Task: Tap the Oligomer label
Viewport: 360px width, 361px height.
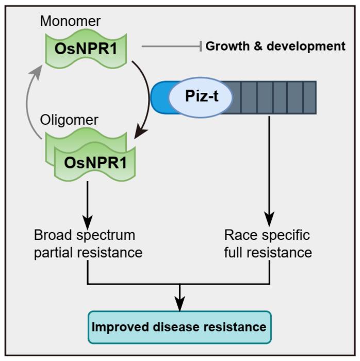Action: click(69, 120)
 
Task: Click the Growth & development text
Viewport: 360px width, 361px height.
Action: click(275, 46)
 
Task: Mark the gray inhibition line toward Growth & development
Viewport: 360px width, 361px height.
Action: click(170, 46)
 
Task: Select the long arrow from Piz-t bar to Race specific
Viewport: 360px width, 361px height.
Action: click(269, 170)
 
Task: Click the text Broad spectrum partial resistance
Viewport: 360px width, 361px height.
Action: click(88, 244)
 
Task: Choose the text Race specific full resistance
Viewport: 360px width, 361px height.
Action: click(268, 244)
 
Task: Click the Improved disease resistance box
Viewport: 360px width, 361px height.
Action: click(179, 327)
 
